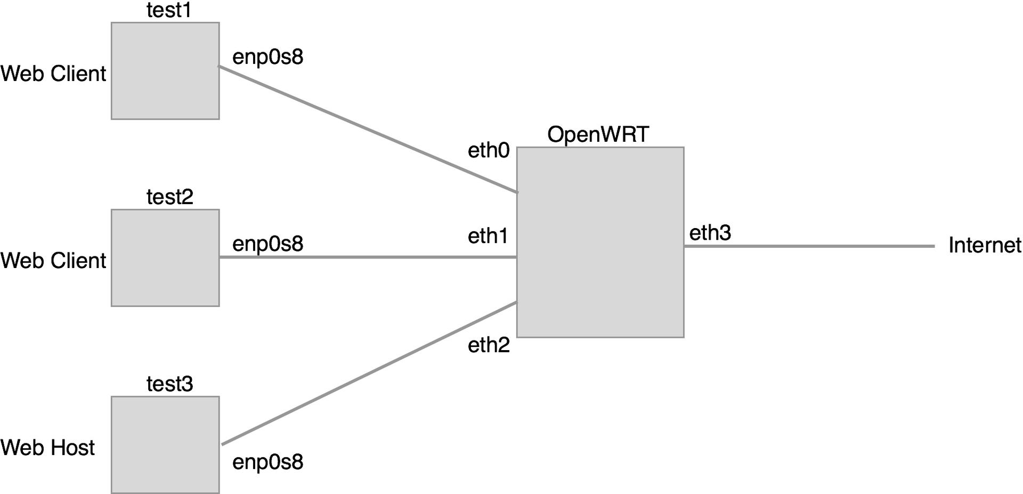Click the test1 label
(169, 11)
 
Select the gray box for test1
(165, 71)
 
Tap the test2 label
(170, 197)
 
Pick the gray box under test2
(165, 258)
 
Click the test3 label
(170, 384)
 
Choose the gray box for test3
(165, 445)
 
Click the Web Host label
(47, 448)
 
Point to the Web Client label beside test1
(53, 74)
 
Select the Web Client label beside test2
(53, 261)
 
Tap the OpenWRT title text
(598, 135)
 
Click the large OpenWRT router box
(600, 242)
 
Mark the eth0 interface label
(489, 151)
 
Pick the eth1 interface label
(488, 236)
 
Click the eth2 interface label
(489, 345)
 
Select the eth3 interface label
(710, 233)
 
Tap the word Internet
(985, 246)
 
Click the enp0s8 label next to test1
(267, 57)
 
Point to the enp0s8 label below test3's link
(267, 461)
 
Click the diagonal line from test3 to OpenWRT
(369, 374)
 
